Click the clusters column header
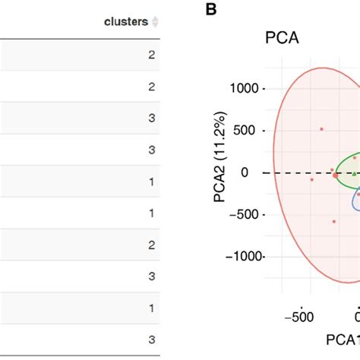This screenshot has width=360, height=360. [x=126, y=22]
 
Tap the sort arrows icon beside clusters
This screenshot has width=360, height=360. [x=156, y=22]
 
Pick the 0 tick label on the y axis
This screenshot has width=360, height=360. [x=254, y=172]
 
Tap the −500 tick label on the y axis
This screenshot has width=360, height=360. [x=243, y=214]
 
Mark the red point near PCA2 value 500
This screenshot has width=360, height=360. [x=321, y=129]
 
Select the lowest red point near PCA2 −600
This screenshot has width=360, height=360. [x=333, y=222]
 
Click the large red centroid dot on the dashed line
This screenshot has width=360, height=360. [x=336, y=175]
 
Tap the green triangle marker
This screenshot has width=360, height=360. [x=354, y=174]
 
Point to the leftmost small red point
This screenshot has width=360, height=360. [x=311, y=180]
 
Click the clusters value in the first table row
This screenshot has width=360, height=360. [x=152, y=55]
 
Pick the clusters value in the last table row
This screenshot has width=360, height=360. [x=152, y=339]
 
